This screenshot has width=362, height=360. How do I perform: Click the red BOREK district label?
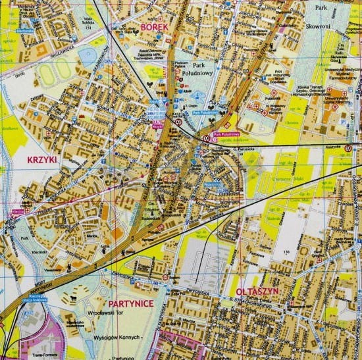tap(154, 28)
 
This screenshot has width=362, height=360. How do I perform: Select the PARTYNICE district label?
tap(130, 303)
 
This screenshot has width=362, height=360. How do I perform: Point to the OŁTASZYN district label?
tap(258, 290)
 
